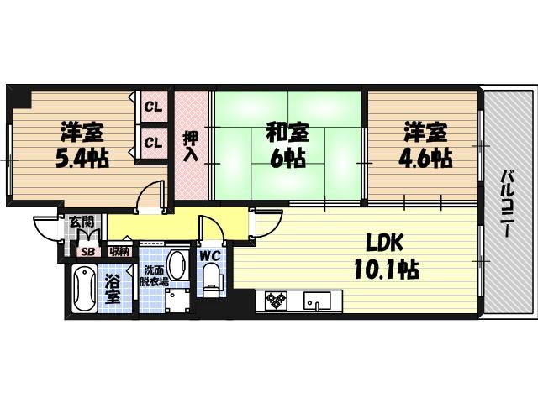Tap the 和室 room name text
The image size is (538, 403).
(287, 132)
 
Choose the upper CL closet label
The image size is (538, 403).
(153, 107)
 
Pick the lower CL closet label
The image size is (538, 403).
(153, 142)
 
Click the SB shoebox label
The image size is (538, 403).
(87, 250)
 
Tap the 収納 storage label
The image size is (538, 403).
(119, 250)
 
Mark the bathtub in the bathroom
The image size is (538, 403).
(85, 290)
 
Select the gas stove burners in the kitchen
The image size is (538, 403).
(277, 300)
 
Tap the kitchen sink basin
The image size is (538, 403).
(318, 300)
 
